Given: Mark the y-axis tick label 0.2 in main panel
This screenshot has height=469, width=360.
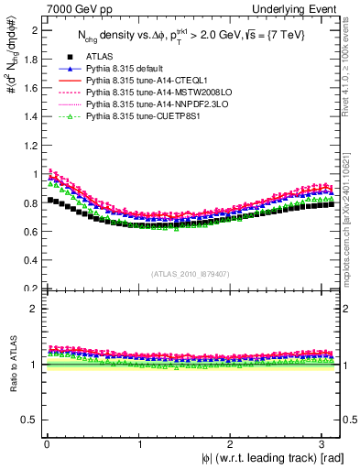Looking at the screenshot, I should [29, 288].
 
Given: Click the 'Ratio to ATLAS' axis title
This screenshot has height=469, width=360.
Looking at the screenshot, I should [11, 365].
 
